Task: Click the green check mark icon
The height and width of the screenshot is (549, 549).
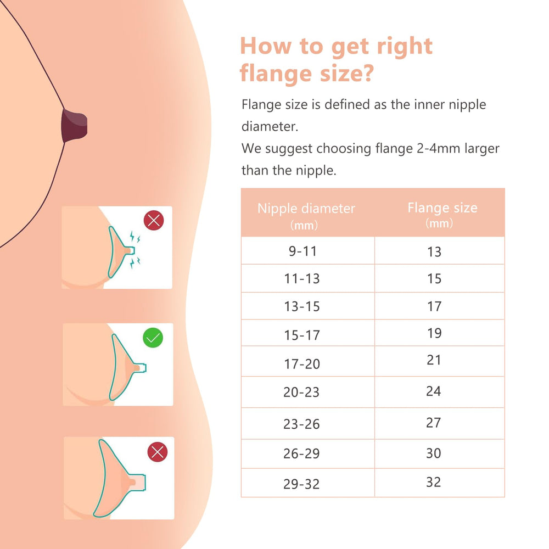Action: (153, 338)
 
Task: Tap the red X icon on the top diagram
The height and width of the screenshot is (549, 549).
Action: (154, 221)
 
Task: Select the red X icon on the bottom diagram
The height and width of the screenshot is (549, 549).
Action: (158, 452)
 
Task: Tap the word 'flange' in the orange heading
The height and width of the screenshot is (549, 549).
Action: (276, 73)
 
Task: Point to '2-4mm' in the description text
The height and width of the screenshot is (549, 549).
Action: (438, 148)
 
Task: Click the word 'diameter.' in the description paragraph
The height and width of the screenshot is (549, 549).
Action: (270, 126)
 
